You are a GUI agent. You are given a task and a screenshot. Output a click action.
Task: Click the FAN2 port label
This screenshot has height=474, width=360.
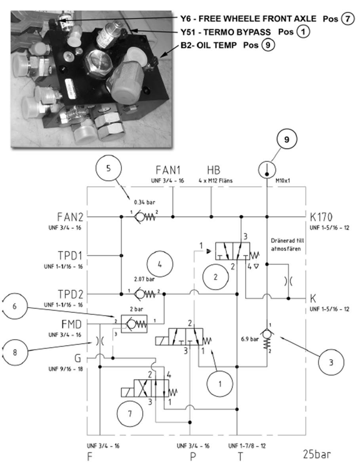point(70,217)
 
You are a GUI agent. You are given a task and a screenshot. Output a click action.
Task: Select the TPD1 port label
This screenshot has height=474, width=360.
point(70,256)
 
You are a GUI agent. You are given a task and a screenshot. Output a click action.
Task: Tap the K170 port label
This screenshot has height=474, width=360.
point(321,217)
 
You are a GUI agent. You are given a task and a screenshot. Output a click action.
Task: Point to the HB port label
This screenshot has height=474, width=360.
point(213,170)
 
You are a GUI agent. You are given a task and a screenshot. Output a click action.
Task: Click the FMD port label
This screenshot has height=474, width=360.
point(72,324)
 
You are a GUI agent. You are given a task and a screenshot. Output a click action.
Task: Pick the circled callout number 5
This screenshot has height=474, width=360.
point(108,169)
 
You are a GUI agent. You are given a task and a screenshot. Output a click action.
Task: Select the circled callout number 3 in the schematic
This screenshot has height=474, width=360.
point(331,362)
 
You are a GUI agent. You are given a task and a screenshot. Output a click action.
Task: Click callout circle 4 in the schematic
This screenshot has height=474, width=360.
point(160,264)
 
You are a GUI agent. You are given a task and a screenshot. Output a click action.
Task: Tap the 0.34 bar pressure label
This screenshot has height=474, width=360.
point(145,202)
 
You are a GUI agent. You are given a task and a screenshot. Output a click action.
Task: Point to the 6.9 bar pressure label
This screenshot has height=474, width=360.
point(250,339)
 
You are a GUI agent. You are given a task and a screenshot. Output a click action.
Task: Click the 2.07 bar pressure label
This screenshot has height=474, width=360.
point(144,279)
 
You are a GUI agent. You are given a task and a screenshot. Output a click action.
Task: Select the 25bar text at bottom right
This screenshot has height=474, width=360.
point(317,454)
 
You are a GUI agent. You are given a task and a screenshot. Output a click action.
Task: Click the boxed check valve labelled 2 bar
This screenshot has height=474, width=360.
point(134,324)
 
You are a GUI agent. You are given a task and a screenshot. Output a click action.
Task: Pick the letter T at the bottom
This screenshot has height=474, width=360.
point(240,457)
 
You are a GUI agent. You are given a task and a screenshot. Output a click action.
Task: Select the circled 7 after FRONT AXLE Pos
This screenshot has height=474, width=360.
point(348,19)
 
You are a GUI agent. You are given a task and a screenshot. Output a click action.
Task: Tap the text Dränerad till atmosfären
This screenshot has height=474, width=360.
point(288,245)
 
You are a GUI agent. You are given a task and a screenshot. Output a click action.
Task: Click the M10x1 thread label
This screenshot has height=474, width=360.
point(283,181)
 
